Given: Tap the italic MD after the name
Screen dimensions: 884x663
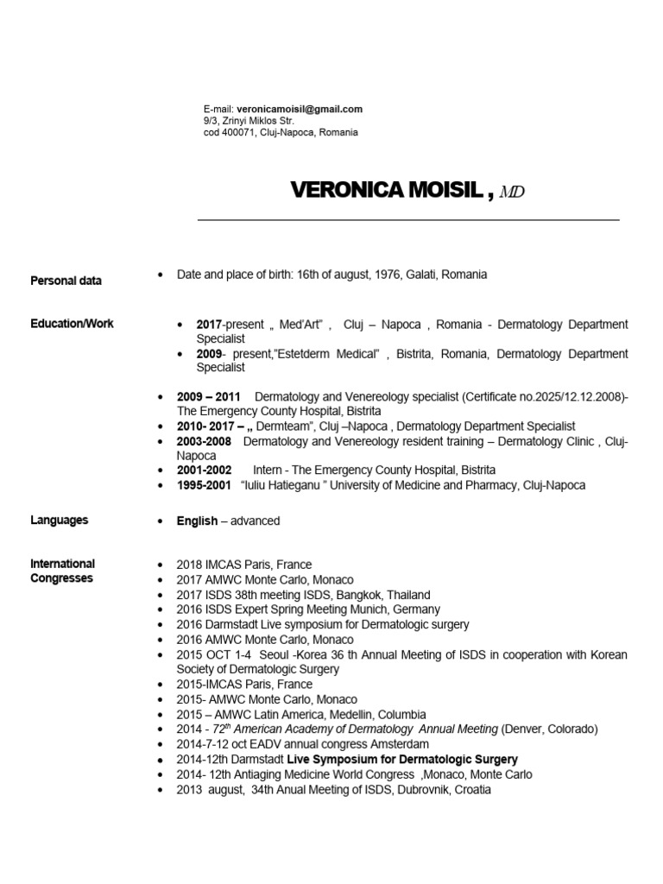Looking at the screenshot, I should tap(511, 193).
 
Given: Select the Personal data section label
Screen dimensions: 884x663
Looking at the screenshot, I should tap(66, 281).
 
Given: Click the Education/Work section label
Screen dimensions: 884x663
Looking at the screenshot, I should tap(72, 324).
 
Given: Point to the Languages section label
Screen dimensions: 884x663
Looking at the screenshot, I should tap(59, 521).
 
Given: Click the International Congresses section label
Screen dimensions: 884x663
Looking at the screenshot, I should tap(62, 571).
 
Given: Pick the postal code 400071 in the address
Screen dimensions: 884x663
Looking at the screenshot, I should tap(242, 133).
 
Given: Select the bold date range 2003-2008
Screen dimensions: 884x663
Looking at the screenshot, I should tap(205, 441).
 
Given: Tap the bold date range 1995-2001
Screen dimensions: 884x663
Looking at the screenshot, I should tap(205, 485).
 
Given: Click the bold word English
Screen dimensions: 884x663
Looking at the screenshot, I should tap(197, 521).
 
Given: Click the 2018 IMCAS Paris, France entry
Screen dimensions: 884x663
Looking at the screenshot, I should tap(244, 565).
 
